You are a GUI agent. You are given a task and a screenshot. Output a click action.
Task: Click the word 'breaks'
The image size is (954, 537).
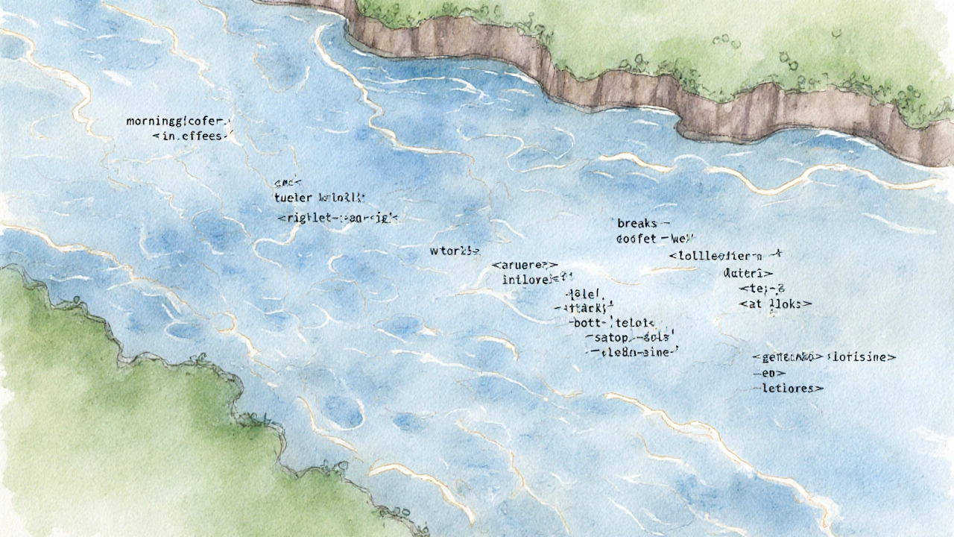(x=638, y=223)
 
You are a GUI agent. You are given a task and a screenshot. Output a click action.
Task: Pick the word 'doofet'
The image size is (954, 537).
(x=637, y=239)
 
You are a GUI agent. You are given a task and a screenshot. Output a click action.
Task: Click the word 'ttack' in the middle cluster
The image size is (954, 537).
(x=587, y=307)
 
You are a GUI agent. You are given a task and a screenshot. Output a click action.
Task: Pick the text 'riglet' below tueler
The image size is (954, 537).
(x=306, y=219)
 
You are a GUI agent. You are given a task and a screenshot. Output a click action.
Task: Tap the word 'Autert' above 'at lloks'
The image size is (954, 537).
(x=747, y=274)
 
